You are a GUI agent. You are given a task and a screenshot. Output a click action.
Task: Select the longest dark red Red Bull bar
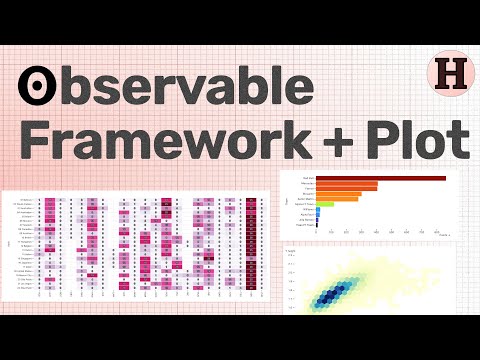(x=381, y=178)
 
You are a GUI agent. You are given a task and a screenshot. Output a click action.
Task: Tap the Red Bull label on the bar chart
(x=308, y=178)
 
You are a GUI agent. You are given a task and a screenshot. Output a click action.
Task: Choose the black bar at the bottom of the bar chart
(x=318, y=225)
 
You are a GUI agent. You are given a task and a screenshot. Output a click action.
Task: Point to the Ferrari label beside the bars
(x=309, y=189)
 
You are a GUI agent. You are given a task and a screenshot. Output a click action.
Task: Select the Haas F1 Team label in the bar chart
(x=307, y=225)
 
